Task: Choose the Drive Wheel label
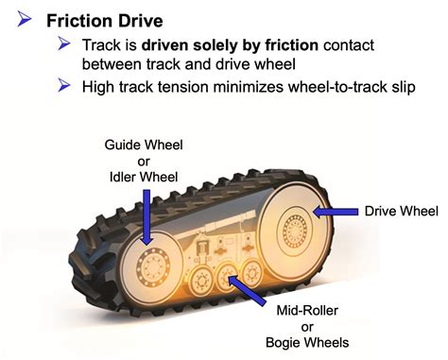point(397,211)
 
